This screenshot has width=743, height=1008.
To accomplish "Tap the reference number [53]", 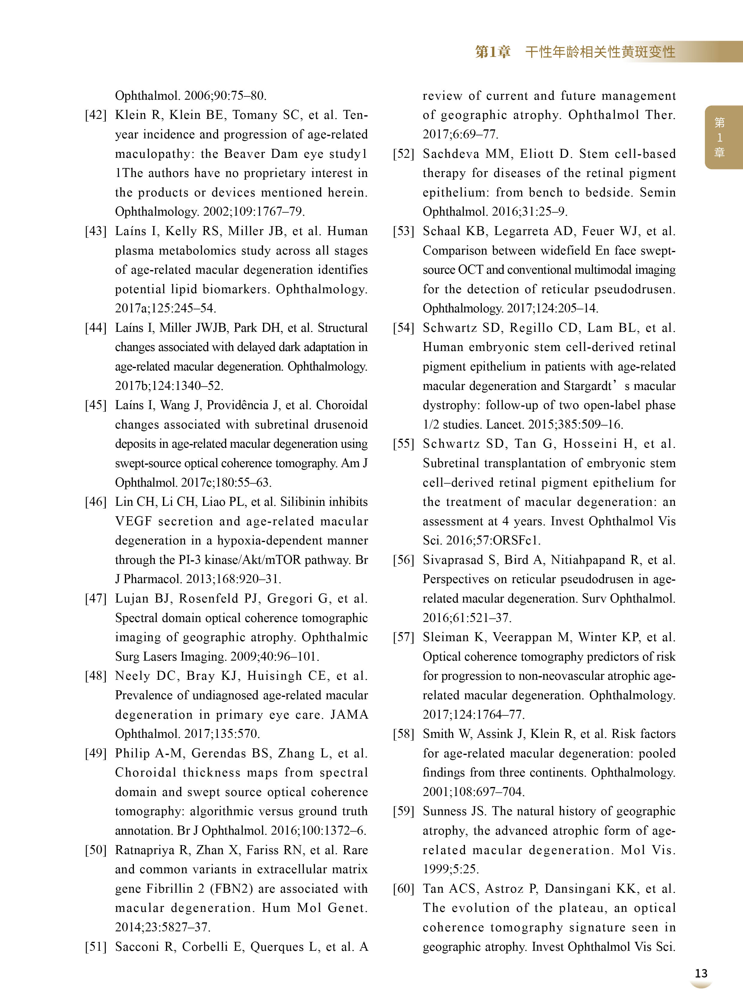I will coord(404,231).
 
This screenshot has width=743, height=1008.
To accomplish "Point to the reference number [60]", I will coord(404,889).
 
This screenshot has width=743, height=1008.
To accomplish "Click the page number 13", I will coord(701,973).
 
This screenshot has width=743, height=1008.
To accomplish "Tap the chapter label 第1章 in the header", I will coord(493,52).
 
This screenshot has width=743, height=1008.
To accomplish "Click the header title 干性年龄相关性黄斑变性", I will coord(600,52).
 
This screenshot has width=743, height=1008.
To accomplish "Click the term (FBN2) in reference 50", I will coord(230,889).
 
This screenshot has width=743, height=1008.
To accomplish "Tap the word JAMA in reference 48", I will coord(349,715).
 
